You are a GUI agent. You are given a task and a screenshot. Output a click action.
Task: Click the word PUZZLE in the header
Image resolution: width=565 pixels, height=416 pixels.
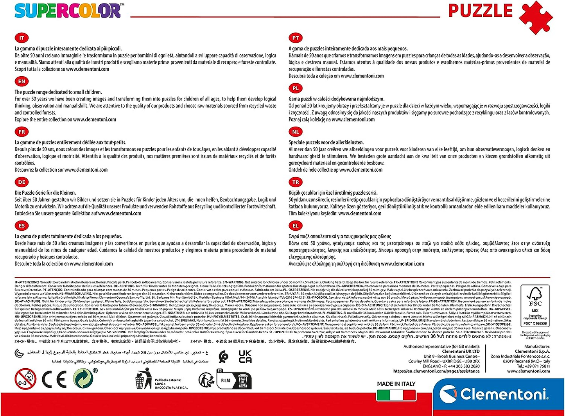[480, 11]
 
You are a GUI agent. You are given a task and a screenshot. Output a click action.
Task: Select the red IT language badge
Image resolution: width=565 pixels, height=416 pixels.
[22, 38]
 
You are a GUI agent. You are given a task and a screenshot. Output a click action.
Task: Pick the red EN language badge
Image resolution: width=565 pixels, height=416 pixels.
[22, 81]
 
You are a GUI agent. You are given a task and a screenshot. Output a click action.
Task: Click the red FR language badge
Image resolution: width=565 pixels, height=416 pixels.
[22, 132]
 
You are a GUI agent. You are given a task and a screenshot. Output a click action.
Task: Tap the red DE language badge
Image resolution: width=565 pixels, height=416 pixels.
[22, 182]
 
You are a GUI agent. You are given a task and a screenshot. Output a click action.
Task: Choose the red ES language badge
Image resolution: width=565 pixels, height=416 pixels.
[22, 226]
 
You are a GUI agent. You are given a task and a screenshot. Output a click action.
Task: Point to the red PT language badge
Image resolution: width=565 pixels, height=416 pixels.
[296, 38]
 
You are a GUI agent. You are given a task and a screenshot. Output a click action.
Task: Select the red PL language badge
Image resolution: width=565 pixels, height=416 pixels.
[296, 88]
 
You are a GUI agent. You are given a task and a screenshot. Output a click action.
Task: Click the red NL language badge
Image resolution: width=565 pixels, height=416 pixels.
[296, 132]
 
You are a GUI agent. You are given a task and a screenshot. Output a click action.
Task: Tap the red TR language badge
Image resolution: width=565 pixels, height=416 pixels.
[296, 182]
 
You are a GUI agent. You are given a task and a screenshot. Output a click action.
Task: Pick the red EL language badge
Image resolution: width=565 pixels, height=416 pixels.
[296, 226]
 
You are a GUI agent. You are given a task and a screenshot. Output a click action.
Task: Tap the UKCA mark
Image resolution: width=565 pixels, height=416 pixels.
[245, 357]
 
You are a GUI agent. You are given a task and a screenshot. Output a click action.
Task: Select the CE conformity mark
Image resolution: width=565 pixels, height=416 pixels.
[54, 379]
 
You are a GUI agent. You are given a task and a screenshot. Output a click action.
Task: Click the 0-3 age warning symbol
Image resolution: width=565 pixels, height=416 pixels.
[25, 379]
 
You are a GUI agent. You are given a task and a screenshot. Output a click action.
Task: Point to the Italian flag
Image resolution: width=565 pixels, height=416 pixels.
[396, 395]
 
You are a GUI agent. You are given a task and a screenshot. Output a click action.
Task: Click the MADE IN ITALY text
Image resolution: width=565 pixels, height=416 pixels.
[396, 384]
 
